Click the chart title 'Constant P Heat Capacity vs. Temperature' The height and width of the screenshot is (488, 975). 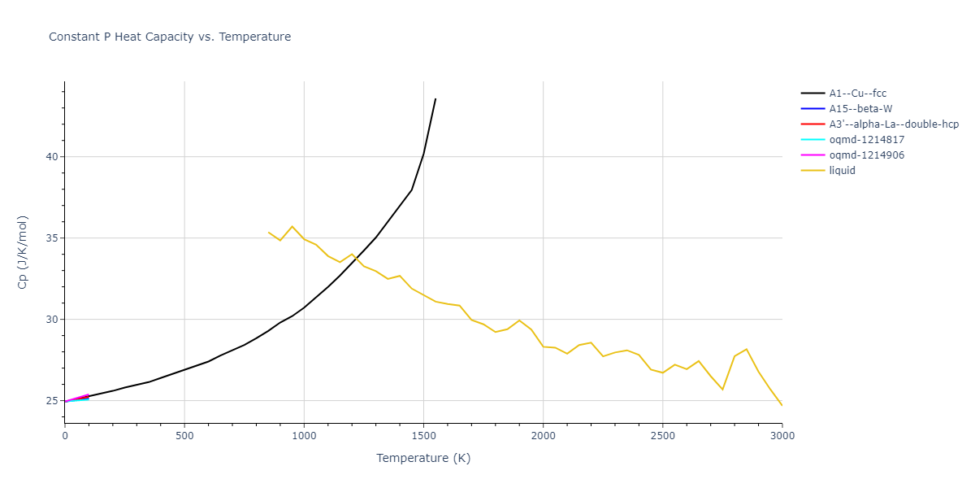170,37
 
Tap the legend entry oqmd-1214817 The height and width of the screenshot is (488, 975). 865,140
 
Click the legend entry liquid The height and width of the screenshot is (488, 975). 842,171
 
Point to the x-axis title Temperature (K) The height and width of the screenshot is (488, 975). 423,458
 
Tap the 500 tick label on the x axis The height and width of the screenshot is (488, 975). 184,437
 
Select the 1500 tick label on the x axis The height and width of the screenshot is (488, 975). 423,437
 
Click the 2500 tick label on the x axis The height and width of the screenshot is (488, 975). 662,437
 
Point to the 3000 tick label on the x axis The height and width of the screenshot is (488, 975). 782,437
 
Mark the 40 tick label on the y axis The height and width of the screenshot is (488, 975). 50,157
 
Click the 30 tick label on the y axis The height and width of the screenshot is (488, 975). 50,320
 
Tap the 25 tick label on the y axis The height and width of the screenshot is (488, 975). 50,401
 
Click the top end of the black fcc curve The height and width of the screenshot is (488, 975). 435,98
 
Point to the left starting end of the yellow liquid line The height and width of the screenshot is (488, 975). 268,232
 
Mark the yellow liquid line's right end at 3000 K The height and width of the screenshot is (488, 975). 782,405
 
